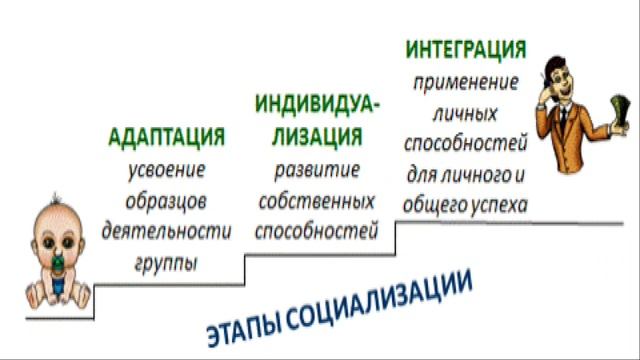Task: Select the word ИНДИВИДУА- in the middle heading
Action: pos(317,104)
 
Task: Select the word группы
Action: pos(165,265)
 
